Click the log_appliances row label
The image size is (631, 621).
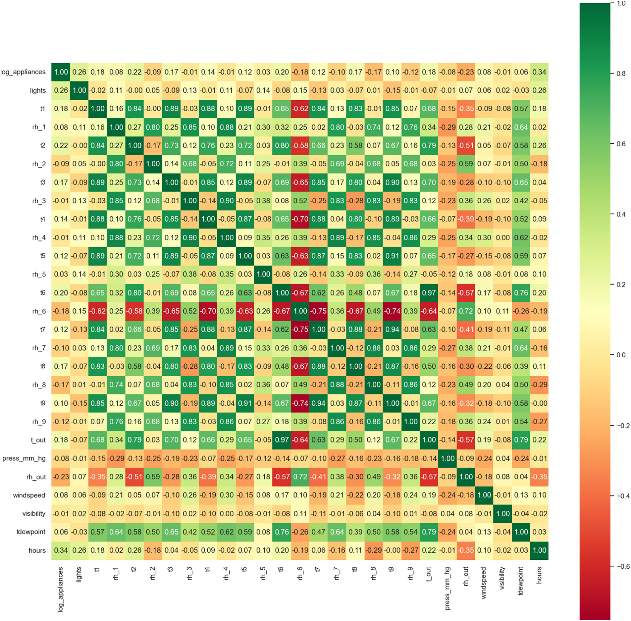[x=23, y=72]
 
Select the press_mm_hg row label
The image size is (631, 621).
[x=24, y=458]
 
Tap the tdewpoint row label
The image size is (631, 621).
[x=31, y=532]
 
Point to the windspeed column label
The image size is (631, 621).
[x=484, y=583]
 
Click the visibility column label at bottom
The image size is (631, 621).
[x=502, y=578]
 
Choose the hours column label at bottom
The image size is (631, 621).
[x=539, y=575]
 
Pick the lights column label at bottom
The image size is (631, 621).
[x=79, y=575]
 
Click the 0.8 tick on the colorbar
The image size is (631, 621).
[x=620, y=74]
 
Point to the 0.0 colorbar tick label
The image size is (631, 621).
[x=621, y=355]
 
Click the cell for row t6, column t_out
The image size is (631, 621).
[x=429, y=293]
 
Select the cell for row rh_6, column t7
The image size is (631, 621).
[x=318, y=311]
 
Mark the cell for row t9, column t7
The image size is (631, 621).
[x=318, y=403]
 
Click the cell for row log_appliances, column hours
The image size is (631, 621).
[x=539, y=72]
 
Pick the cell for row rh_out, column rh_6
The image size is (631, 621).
[x=300, y=477]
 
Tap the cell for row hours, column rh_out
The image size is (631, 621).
[x=466, y=550]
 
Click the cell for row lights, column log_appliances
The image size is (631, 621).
[x=61, y=90]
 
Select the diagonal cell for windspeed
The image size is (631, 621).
[x=484, y=495]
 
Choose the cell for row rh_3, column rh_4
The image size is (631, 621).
[x=227, y=201]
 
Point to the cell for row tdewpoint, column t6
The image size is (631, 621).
[x=282, y=532]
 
